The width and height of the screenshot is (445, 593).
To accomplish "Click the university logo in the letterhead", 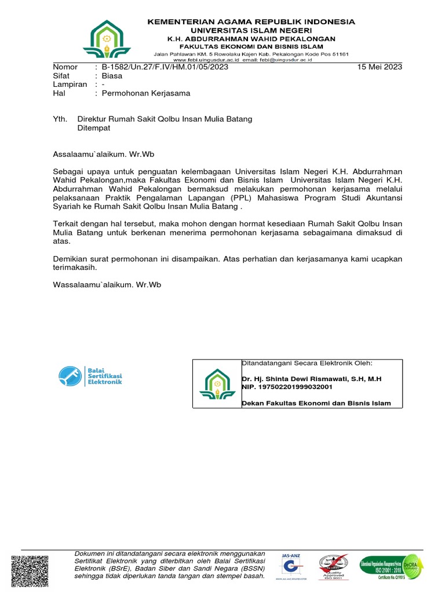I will [x=107, y=41].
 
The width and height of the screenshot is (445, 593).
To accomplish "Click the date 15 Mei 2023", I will [x=380, y=67].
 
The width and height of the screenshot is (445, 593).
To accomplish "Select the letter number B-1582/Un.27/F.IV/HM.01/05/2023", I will [x=165, y=67].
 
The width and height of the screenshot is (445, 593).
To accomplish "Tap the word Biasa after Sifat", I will [x=112, y=75].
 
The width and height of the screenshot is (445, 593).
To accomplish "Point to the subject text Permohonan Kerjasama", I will [x=145, y=93].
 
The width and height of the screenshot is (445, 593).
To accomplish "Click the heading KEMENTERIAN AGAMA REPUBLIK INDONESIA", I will [x=251, y=21].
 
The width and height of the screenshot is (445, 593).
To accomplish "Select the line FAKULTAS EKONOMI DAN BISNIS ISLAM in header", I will [x=251, y=45].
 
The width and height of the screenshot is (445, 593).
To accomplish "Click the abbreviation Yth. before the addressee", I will [x=60, y=119].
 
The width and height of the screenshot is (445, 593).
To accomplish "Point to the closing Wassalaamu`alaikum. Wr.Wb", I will [x=107, y=284].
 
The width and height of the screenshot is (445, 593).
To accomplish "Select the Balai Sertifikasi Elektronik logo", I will [x=90, y=376].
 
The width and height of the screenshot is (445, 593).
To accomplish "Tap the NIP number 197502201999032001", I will [x=295, y=386].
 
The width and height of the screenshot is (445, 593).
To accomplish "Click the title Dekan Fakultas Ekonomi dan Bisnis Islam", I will [x=316, y=403].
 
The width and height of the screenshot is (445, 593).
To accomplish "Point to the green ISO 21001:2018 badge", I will [x=391, y=566].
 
